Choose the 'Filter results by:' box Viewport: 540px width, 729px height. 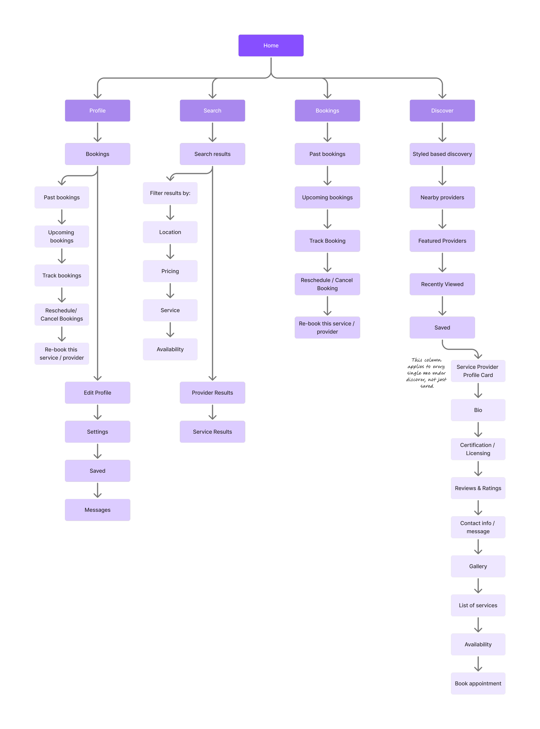170,193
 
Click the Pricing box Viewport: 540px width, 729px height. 170,271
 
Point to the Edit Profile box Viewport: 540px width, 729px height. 97,392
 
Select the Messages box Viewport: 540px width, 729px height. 97,510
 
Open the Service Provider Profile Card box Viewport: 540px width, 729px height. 478,371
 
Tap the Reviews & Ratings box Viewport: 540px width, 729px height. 478,488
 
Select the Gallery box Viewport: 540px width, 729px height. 478,566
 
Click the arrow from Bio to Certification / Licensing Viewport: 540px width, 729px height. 478,429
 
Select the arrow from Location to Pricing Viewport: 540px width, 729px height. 170,252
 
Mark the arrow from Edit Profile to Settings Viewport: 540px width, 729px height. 97,412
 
